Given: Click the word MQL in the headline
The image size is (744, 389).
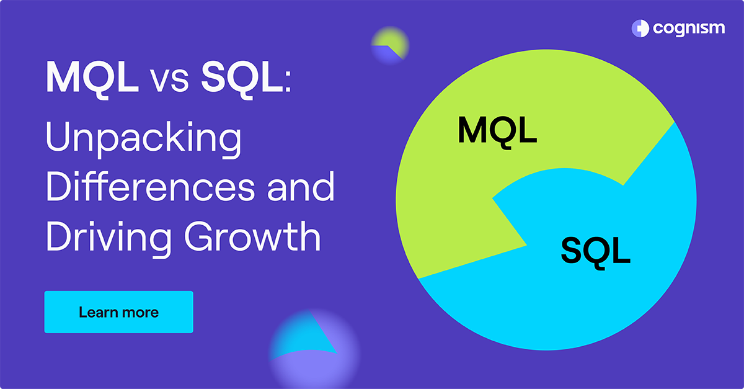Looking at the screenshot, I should click(x=92, y=77).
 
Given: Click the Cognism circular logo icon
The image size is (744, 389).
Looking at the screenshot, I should click(x=640, y=28).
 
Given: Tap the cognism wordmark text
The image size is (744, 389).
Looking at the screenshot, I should click(x=688, y=29).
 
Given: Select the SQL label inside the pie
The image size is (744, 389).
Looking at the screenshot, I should click(x=595, y=250).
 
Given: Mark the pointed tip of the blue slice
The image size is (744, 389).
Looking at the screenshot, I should click(x=494, y=199).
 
